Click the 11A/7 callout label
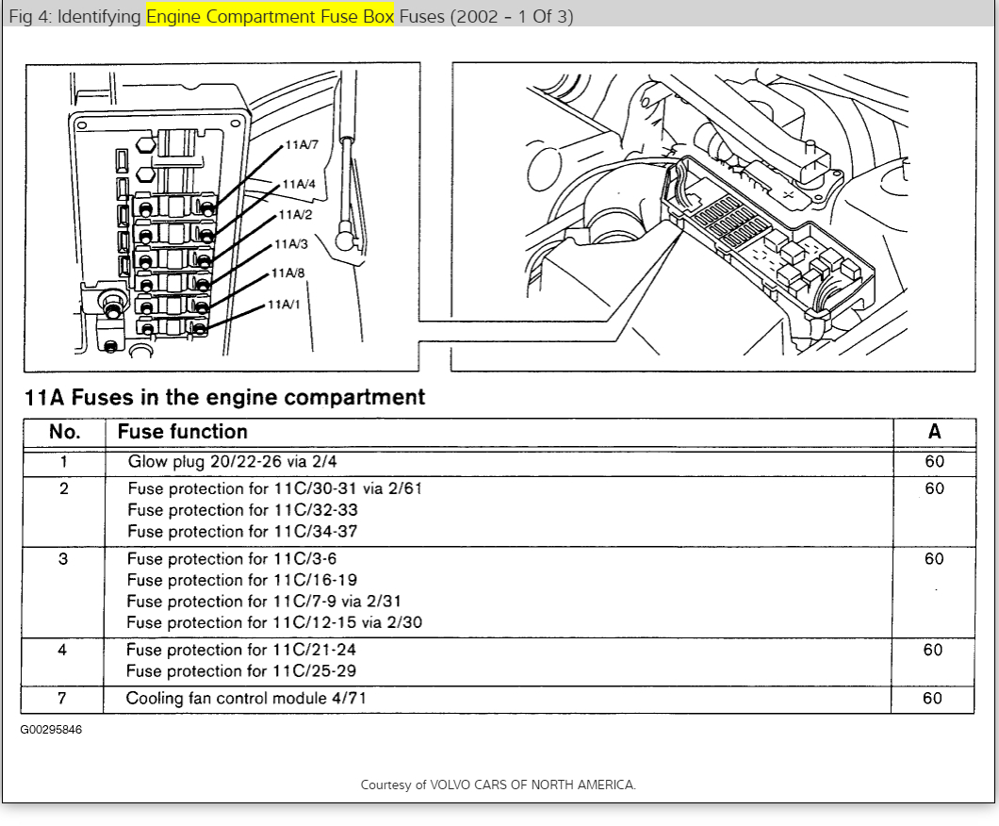[x=302, y=146]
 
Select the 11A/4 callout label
[x=299, y=184]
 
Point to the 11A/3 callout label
[x=290, y=244]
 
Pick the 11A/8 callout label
[x=287, y=273]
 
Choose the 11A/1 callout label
[x=284, y=304]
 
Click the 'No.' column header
[x=64, y=432]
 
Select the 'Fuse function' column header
[x=182, y=432]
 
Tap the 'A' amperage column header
[x=934, y=432]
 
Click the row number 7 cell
[x=63, y=699]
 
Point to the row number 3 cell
[x=63, y=559]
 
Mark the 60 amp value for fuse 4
[x=933, y=650]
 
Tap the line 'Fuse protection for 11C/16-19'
[x=242, y=580]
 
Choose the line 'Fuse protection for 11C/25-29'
[x=241, y=671]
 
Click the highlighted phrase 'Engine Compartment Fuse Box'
[x=270, y=16]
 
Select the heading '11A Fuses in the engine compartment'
[x=224, y=397]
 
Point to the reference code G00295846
[x=51, y=730]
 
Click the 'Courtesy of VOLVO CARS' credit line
[x=498, y=785]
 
